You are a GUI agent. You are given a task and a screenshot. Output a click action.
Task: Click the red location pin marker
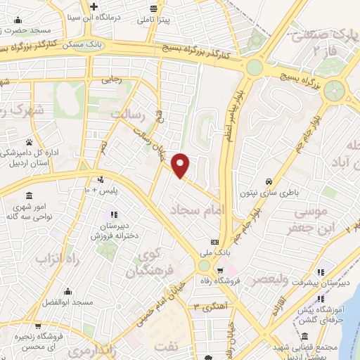181,165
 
